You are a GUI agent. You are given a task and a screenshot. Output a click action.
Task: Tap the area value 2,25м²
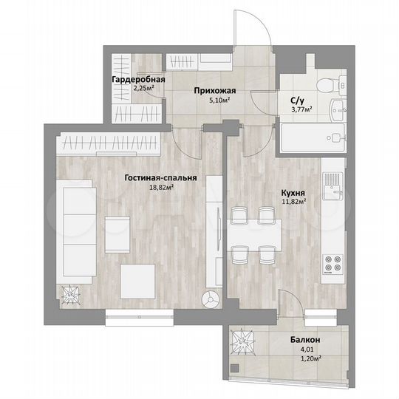[143, 88]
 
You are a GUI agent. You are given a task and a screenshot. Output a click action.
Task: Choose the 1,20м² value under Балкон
[306, 358]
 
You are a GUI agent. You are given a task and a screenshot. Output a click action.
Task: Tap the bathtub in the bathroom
[311, 137]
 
